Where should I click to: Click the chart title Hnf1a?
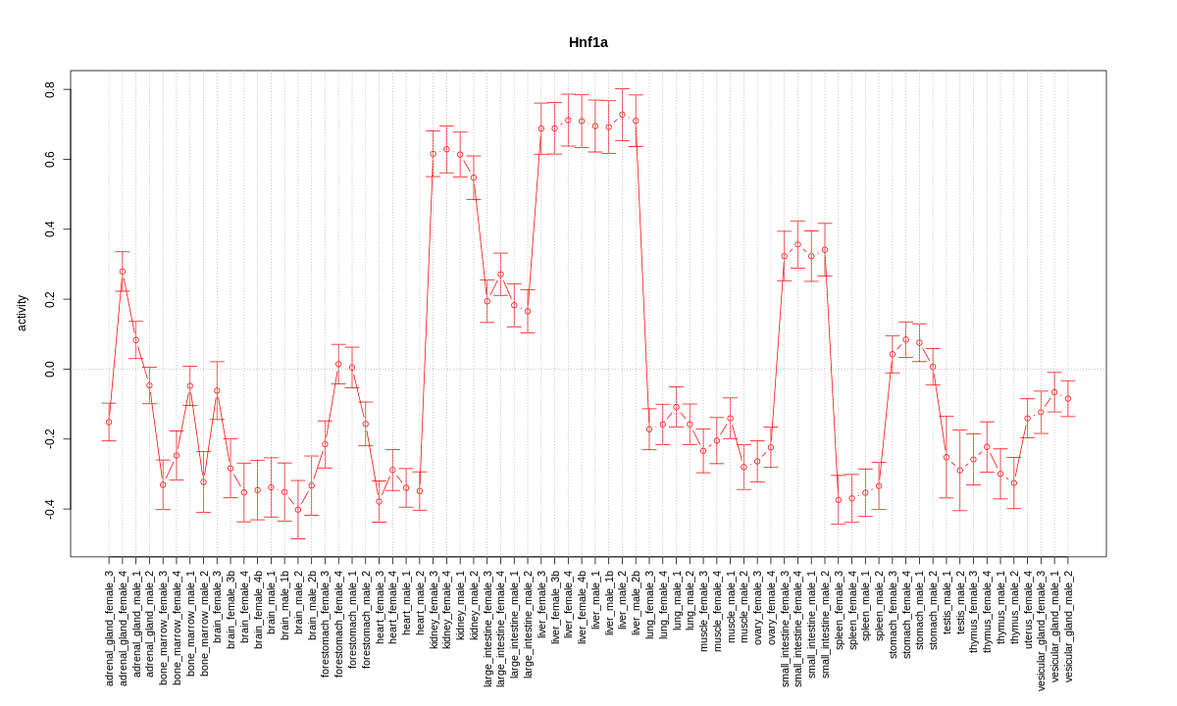[x=588, y=42]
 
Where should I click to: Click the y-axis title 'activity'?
[x=22, y=313]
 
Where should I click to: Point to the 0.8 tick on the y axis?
[x=50, y=89]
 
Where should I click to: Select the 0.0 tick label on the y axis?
[x=50, y=369]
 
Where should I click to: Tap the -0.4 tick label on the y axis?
[x=50, y=509]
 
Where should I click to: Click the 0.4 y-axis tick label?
[x=50, y=229]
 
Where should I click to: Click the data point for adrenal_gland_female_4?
[x=123, y=272]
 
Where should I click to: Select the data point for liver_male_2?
[x=622, y=115]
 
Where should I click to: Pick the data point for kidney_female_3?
[x=433, y=154]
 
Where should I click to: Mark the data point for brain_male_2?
[x=298, y=510]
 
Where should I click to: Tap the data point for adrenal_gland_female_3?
[x=109, y=423]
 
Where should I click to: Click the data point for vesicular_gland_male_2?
[x=1068, y=398]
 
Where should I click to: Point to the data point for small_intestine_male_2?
[x=825, y=250]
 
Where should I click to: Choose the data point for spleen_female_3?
[x=839, y=500]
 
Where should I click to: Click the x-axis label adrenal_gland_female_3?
[x=109, y=627]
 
